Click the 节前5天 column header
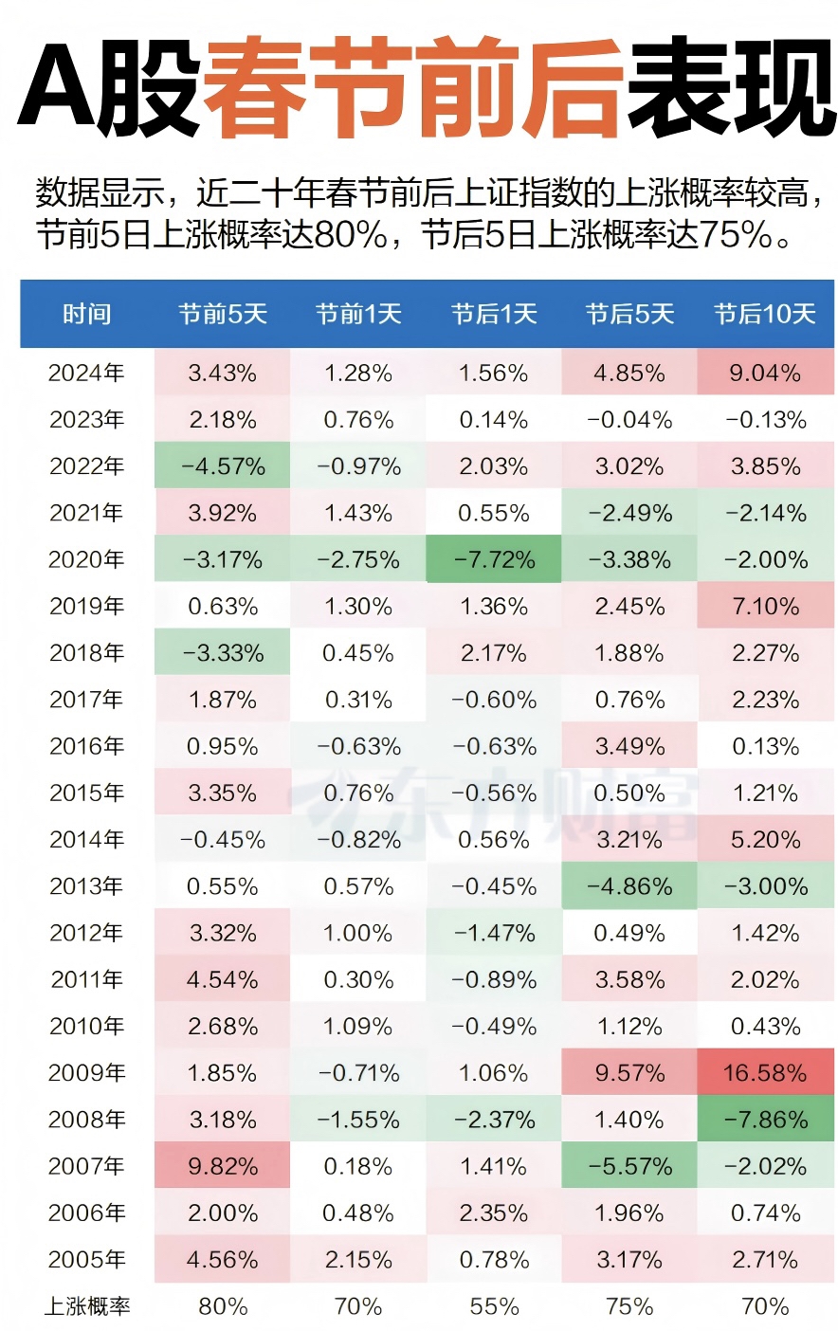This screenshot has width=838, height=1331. click(223, 314)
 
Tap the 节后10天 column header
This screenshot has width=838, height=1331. click(765, 314)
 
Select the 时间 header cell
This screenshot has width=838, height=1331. click(87, 314)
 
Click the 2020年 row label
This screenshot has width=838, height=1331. click(87, 559)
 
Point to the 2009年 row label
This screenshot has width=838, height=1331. click(87, 1073)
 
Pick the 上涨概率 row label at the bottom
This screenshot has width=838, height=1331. click(87, 1306)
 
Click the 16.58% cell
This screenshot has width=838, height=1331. click(765, 1073)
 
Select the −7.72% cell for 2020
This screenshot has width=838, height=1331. click(494, 559)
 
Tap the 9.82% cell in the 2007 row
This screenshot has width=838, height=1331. click(223, 1166)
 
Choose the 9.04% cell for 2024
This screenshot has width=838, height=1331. click(765, 373)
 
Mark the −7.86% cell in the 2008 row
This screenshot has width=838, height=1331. click(765, 1120)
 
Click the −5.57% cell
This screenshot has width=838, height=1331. click(629, 1166)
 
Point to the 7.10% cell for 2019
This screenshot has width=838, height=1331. click(765, 607)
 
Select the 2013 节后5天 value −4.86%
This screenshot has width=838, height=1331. click(629, 886)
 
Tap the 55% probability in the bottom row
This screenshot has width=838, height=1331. click(494, 1306)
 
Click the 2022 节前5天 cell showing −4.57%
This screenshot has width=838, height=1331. click(223, 466)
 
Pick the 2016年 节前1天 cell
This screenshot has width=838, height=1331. click(358, 746)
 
